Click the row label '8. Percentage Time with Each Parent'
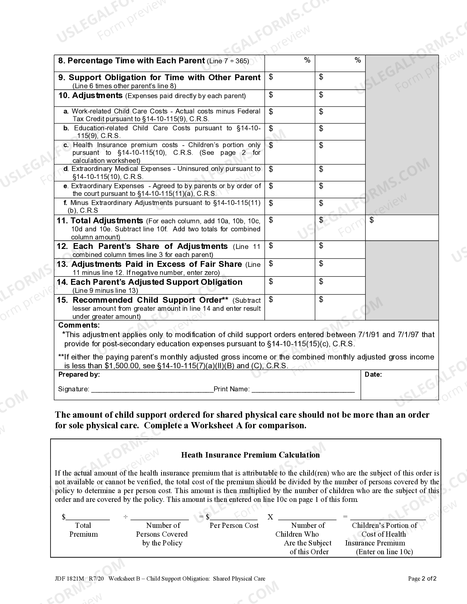point(132,61)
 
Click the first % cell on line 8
point(289,63)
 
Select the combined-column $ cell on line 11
point(402,227)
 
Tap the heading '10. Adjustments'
point(90,96)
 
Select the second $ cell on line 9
point(340,81)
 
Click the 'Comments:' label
point(79,325)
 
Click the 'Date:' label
point(373,374)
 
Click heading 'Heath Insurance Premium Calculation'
point(250,455)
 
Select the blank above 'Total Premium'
point(87,517)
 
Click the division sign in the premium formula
point(126,517)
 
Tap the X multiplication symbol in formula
point(270,517)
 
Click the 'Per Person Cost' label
point(234,526)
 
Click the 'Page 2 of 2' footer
point(422,579)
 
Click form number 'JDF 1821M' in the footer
point(68,579)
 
